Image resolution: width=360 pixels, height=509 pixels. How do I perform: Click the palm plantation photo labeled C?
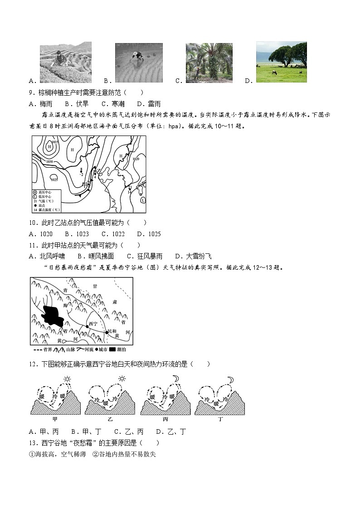click(209, 63)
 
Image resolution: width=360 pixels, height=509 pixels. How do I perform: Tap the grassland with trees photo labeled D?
click(281, 62)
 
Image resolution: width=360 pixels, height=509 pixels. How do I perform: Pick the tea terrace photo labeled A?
click(65, 63)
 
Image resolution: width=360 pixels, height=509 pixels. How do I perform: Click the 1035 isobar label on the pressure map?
click(55, 142)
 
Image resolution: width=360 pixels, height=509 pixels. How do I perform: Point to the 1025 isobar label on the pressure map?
click(54, 179)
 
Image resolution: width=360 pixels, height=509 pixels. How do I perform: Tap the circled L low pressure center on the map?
click(142, 200)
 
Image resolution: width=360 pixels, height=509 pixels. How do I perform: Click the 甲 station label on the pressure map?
click(85, 184)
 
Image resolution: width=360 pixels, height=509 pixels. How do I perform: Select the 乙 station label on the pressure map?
click(97, 171)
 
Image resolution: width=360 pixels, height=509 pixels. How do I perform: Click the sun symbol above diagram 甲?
click(67, 379)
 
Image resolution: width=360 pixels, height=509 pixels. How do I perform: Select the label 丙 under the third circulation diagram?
click(165, 419)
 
